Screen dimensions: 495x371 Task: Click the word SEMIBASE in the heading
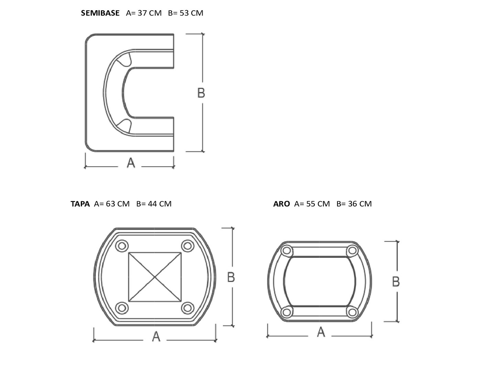click(100, 13)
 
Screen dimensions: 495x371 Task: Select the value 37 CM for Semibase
click(150, 13)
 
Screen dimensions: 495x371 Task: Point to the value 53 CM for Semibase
click(191, 13)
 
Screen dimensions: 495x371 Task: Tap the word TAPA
click(80, 204)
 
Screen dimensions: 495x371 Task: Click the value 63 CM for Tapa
click(118, 204)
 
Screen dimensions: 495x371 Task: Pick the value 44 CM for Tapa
click(159, 204)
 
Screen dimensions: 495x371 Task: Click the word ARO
click(282, 204)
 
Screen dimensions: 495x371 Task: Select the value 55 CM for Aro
click(318, 204)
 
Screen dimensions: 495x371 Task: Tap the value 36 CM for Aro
click(360, 204)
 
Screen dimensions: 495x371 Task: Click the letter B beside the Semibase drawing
click(201, 93)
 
